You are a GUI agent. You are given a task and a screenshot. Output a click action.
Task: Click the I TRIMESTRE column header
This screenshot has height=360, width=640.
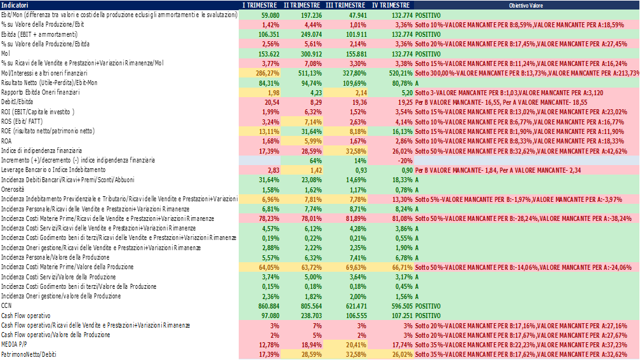point(260,5)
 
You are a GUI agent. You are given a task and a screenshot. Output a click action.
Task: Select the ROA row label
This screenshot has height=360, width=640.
point(7,141)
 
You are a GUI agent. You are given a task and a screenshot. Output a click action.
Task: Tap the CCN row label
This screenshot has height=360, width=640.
point(7,305)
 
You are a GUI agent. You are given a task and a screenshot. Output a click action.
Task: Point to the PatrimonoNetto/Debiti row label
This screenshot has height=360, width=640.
point(29,354)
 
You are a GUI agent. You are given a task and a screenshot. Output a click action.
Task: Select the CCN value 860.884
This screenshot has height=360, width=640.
point(267,305)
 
